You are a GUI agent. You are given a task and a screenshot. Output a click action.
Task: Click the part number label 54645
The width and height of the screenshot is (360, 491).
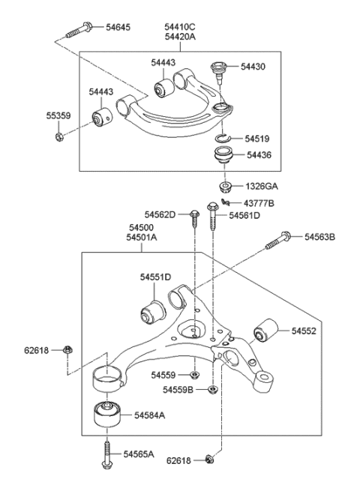115,28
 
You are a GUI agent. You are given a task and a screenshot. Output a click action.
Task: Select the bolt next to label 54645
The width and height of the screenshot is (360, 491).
79,31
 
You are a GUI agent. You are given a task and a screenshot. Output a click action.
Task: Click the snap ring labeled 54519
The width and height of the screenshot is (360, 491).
220,138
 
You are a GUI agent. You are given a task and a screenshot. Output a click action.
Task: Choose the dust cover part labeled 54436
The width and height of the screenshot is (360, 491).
221,158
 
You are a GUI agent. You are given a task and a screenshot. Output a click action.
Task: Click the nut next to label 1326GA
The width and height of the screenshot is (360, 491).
224,186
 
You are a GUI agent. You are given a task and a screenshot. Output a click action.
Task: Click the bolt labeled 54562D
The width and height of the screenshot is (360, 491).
193,217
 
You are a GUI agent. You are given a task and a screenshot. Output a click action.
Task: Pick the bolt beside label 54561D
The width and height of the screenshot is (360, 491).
214,218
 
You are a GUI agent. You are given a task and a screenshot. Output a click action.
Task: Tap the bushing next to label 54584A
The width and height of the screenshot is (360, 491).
106,415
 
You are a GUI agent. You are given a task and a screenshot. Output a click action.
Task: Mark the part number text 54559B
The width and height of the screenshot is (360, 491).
178,391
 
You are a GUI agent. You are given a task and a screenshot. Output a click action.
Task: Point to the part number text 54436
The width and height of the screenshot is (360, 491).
256,155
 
